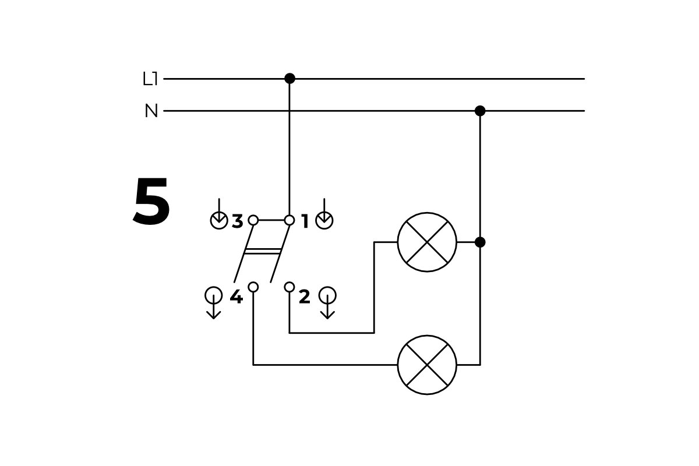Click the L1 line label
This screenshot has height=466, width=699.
150,79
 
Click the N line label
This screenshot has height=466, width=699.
151,111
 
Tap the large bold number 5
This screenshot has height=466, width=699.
151,202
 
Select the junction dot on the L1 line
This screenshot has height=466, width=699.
290,79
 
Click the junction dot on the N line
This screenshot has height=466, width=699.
480,111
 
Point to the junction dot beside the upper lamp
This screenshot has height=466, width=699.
480,242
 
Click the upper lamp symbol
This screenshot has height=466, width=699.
427,242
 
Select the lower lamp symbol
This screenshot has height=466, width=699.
427,365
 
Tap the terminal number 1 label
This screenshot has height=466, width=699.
305,221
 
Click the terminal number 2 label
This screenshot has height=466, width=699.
304,297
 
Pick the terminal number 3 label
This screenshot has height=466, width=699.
237,221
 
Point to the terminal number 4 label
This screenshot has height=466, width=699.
236,297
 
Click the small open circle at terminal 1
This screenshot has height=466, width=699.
290,220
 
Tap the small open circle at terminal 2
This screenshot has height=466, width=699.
290,287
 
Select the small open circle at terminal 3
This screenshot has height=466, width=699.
253,220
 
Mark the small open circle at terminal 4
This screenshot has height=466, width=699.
253,287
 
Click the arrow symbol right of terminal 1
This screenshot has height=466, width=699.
324,216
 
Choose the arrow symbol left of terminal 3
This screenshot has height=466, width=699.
219,216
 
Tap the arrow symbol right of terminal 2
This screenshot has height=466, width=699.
327,301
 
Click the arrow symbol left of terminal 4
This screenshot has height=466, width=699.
214,301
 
